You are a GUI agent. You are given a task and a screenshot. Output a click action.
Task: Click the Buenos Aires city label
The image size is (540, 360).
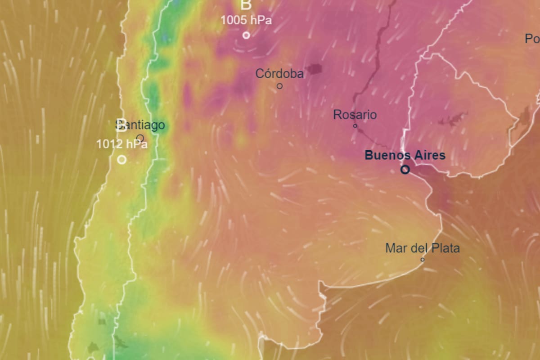405,156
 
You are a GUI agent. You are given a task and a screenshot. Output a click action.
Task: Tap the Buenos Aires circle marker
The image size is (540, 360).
405,170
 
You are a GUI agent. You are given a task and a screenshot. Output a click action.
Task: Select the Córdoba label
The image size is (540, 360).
279,73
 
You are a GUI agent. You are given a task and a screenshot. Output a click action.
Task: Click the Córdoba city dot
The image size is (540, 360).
279,86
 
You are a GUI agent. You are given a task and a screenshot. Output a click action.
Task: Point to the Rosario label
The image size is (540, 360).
355,115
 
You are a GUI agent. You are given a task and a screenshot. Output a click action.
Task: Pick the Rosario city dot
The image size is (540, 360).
355,126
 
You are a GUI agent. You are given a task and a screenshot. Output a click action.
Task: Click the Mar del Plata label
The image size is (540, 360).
423,248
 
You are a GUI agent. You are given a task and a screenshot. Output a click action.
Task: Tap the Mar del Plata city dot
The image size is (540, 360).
423,260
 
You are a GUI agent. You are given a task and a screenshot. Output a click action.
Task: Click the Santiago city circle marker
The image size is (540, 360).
140,138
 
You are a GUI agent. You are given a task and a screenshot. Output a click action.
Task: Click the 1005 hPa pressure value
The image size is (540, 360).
246,20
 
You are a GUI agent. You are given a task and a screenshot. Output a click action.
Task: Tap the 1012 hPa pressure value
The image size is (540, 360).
122,144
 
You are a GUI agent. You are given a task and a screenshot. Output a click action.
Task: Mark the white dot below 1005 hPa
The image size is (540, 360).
246,35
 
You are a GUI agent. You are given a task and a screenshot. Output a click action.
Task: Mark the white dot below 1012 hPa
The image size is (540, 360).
121,159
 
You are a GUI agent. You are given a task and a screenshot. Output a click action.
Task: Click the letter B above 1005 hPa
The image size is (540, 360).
246,5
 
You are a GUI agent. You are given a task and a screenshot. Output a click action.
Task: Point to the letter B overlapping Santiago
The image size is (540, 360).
121,125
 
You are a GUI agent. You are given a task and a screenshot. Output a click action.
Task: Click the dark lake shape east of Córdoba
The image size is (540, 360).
314,69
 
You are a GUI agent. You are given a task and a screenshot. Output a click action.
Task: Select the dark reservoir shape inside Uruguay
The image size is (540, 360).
452,120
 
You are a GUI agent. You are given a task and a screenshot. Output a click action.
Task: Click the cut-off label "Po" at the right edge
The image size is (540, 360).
532,39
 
